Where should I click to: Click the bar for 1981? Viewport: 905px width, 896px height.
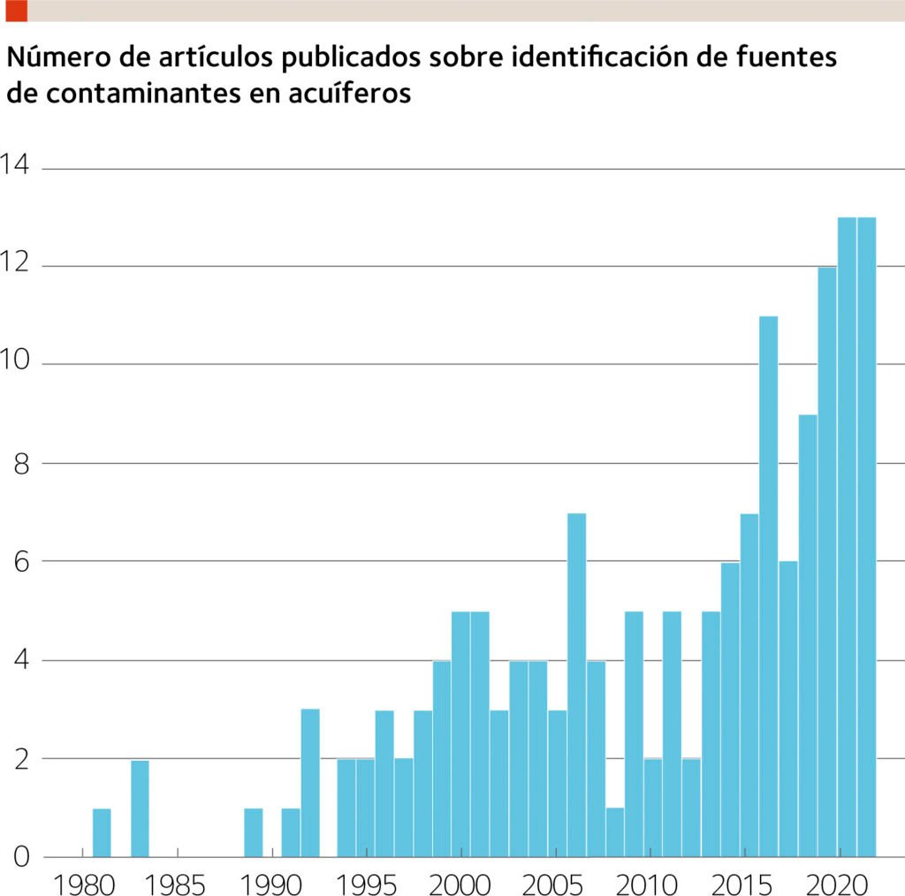pos(102,832)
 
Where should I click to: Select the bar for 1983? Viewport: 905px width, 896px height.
pos(140,809)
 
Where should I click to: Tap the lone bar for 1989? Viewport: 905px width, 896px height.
pos(254,832)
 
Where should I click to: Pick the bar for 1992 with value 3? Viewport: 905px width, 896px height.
pos(310,783)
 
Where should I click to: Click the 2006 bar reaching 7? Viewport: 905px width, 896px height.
pos(576,685)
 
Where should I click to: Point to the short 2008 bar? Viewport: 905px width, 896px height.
pos(615,832)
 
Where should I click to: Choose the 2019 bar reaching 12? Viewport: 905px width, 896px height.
pos(826,562)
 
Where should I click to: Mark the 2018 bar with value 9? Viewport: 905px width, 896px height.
pos(807,635)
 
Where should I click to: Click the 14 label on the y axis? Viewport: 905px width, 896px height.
pos(15,165)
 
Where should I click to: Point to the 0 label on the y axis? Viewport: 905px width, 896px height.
pos(20,856)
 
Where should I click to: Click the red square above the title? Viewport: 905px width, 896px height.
pos(16,11)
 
